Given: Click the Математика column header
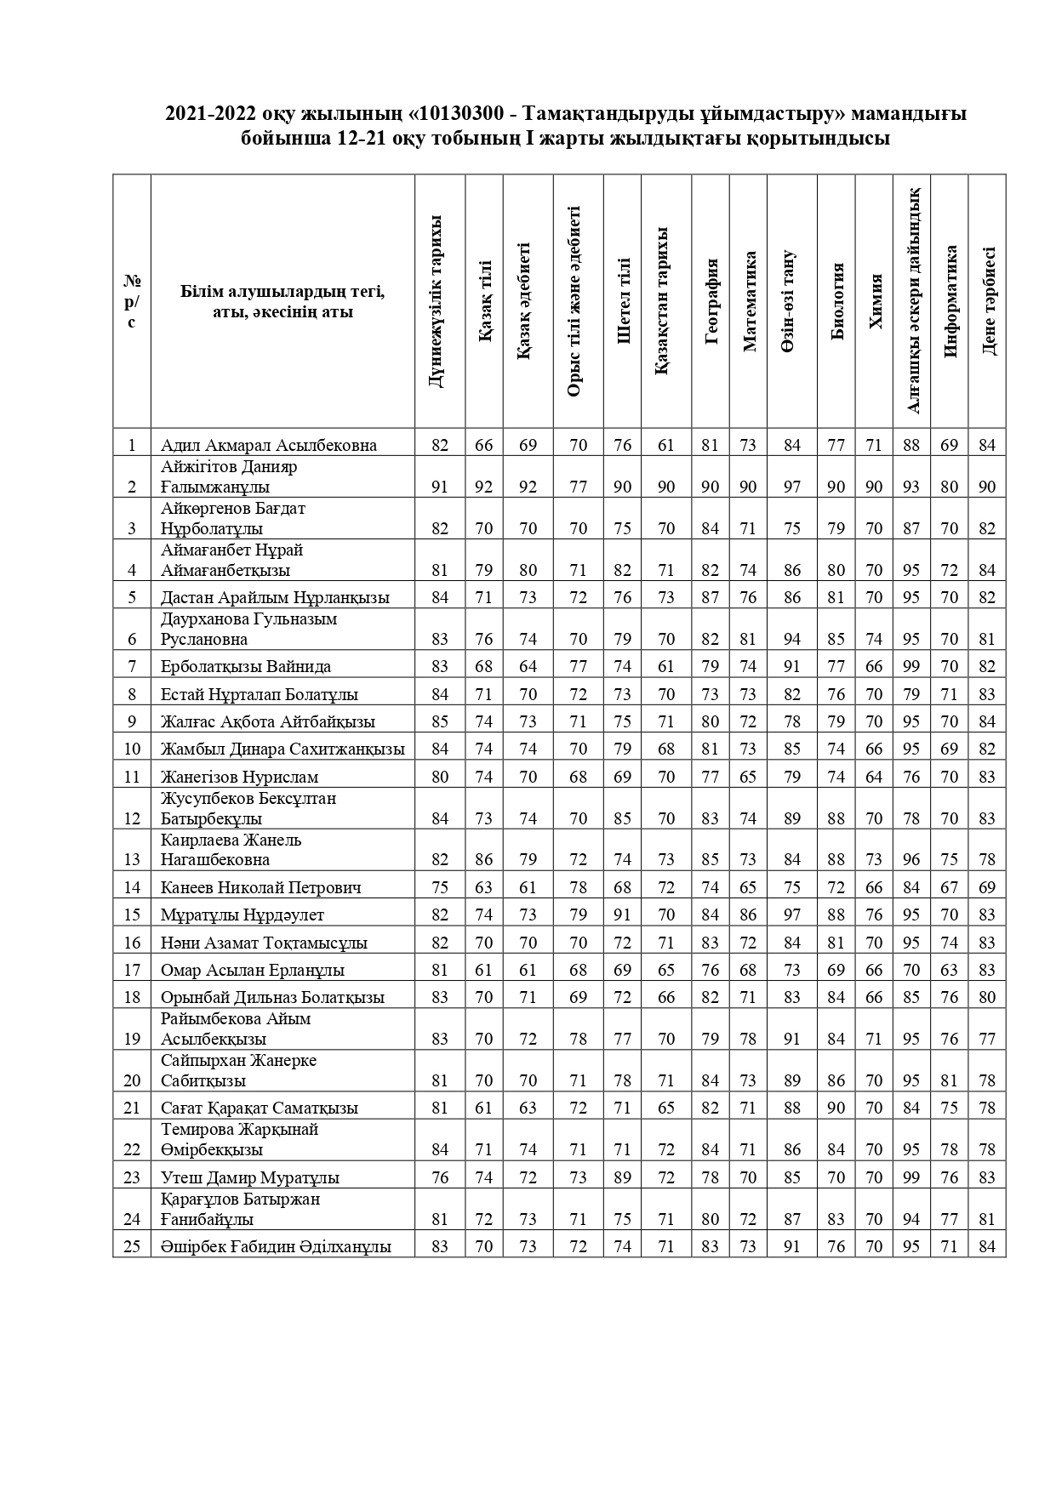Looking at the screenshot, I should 750,300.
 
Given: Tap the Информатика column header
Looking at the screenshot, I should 950,300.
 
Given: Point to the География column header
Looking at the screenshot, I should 711,300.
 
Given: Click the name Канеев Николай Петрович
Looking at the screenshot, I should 260,887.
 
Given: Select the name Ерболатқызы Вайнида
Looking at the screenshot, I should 245,666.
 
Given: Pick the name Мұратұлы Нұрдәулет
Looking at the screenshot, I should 242,915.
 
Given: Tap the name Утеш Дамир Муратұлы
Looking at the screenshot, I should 249,1177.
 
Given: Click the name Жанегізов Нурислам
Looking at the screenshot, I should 239,777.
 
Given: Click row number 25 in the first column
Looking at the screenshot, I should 132,1246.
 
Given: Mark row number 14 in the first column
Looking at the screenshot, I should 132,887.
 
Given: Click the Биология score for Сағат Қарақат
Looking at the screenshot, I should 836,1108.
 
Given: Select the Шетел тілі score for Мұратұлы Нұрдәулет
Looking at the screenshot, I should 623,915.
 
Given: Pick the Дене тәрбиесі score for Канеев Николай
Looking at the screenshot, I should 987,887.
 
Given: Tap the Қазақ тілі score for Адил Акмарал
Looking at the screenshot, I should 484,444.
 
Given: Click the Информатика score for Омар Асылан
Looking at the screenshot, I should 950,970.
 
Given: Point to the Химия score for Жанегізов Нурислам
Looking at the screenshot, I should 874,777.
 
